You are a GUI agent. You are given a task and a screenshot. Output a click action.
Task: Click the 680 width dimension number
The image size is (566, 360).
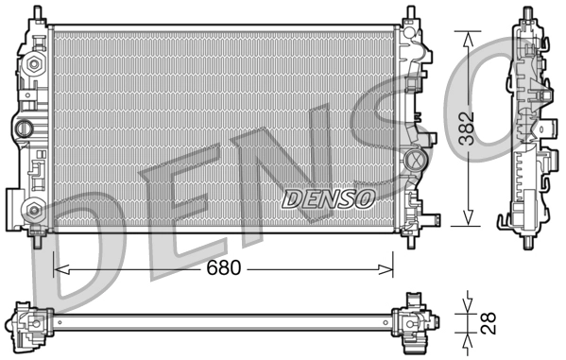coord(223,268)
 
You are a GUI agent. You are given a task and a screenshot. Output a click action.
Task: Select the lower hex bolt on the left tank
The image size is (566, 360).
coord(35,209)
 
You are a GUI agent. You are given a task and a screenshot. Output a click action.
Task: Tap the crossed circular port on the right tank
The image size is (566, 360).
coord(413,160)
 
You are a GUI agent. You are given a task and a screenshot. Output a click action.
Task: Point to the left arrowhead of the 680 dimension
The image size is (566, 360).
coord(59,269)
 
